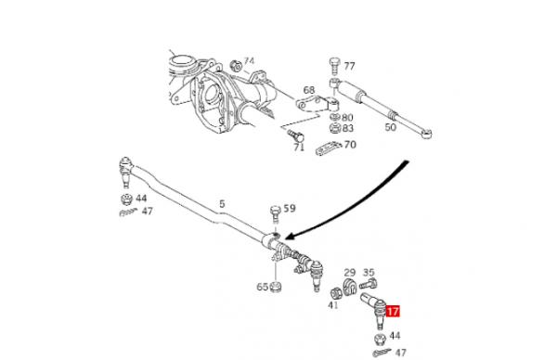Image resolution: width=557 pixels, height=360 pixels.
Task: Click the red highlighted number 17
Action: [393, 312]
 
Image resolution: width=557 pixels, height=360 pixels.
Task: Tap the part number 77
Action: [349, 67]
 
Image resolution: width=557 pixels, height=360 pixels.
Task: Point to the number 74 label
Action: [249, 61]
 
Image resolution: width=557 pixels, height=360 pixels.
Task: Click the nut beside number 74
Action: [236, 66]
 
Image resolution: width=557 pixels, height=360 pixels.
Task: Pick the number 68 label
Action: [309, 90]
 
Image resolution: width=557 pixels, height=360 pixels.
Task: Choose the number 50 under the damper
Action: [391, 127]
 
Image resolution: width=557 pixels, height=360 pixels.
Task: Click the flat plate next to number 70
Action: [329, 148]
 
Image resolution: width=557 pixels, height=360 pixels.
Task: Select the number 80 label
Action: [348, 118]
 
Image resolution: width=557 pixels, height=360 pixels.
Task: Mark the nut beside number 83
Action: [335, 128]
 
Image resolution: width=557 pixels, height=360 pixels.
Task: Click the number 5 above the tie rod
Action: [222, 204]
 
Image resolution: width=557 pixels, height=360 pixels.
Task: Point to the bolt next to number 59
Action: [276, 214]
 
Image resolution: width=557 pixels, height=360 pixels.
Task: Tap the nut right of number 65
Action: [275, 286]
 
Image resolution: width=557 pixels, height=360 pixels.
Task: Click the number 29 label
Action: [350, 273]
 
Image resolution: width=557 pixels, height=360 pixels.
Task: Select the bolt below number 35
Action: [369, 284]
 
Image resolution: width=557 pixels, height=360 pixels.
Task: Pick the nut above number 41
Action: [336, 293]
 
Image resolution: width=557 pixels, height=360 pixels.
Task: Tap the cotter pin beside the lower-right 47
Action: [382, 353]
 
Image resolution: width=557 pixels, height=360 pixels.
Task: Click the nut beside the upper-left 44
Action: [127, 199]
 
